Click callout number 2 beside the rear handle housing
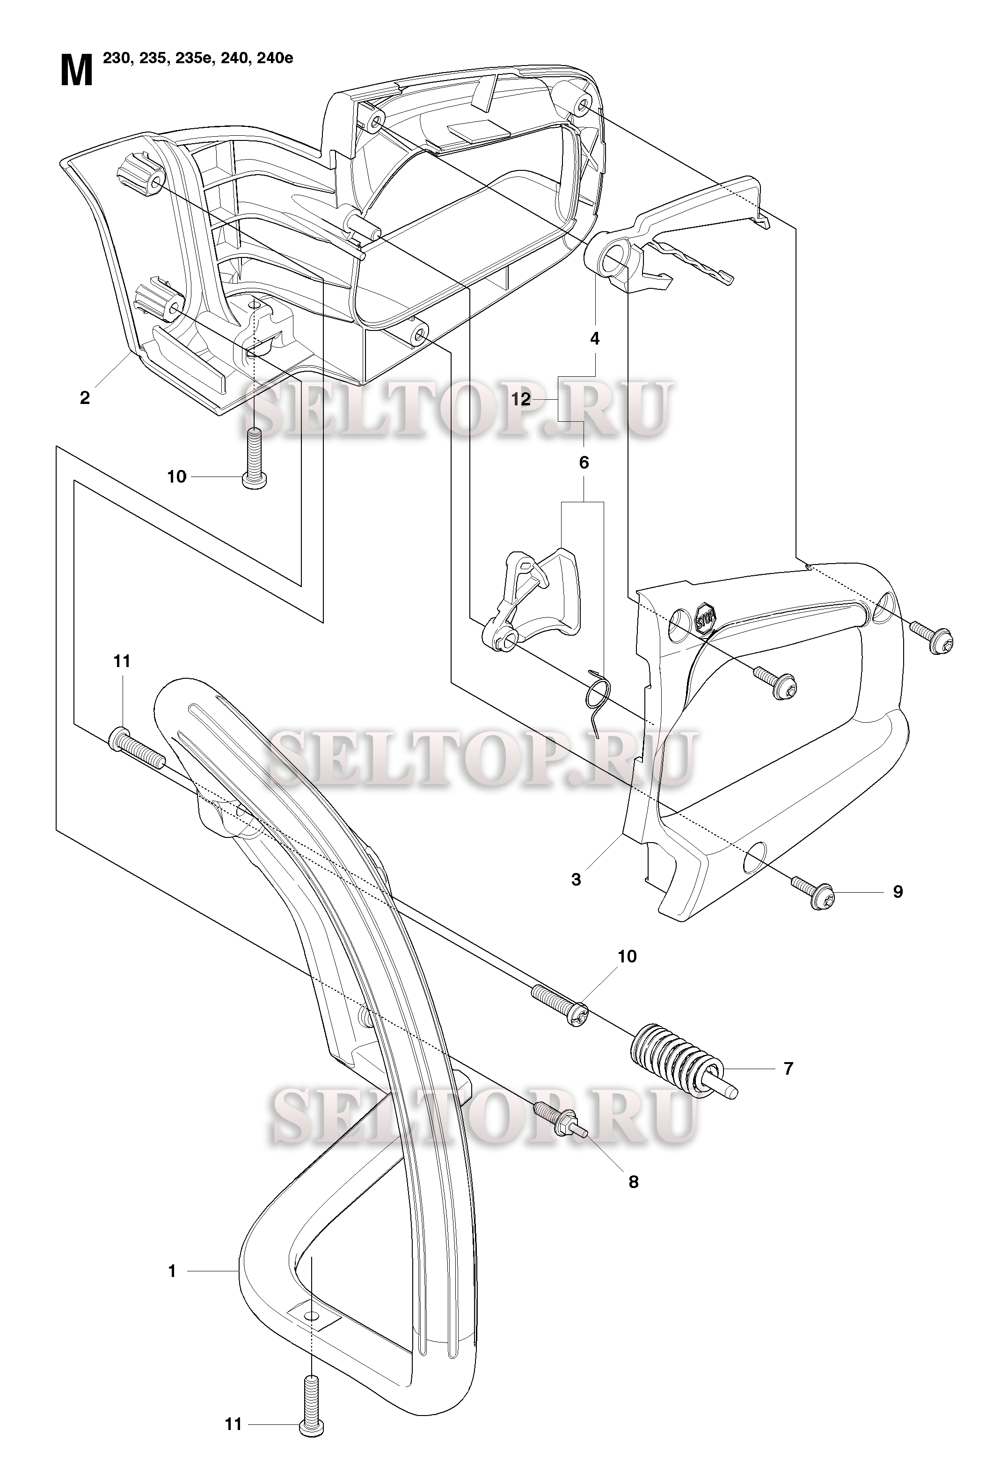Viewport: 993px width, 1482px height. point(85,398)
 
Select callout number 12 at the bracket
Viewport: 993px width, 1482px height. point(521,400)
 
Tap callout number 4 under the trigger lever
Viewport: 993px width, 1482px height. point(595,339)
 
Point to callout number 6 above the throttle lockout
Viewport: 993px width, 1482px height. point(584,463)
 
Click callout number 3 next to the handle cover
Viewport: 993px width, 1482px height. point(577,880)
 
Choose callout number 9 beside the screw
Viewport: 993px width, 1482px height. point(898,892)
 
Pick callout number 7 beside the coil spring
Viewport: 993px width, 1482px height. point(789,1068)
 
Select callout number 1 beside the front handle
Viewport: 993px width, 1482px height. point(172,1271)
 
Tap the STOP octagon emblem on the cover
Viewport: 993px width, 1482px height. point(705,615)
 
